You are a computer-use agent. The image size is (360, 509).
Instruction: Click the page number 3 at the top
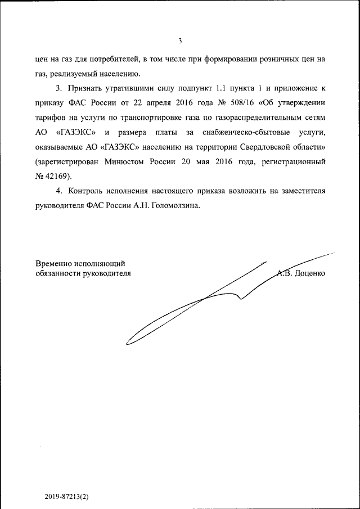click(x=180, y=40)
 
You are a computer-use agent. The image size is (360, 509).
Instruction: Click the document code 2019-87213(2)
click(x=68, y=497)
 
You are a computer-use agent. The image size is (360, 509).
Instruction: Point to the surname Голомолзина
click(x=174, y=206)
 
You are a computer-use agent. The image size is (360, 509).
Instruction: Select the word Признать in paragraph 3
click(x=85, y=89)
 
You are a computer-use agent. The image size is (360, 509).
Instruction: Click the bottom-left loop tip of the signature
click(x=127, y=341)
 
